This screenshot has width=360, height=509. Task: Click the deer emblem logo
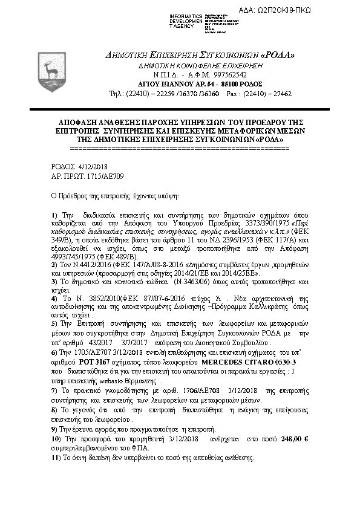click(x=48, y=63)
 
